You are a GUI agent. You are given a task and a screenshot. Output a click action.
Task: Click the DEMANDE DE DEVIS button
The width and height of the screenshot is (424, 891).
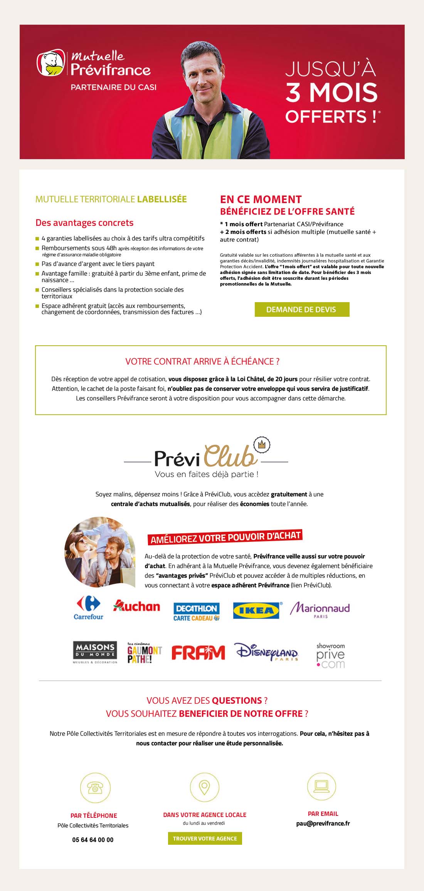[302, 309]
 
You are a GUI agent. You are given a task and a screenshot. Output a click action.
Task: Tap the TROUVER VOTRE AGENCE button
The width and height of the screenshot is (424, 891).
[205, 838]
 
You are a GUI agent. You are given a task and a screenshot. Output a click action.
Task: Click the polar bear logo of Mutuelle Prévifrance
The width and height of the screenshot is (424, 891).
[51, 62]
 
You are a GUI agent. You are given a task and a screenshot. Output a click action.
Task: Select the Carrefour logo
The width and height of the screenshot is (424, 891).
[88, 608]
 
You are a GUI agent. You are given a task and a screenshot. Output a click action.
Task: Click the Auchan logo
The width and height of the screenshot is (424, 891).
[137, 606]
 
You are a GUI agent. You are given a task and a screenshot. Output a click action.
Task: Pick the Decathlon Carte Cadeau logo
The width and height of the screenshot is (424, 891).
[197, 612]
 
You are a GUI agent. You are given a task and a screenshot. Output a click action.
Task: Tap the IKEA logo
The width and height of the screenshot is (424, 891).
[256, 610]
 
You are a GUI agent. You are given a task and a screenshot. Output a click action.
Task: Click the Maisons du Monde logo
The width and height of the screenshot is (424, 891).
[95, 652]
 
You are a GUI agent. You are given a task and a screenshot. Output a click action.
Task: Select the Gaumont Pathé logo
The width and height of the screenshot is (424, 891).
[145, 653]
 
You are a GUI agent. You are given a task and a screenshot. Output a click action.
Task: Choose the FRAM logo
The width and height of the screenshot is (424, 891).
[198, 653]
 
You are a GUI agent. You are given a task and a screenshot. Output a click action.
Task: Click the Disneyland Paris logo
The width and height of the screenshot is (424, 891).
[267, 652]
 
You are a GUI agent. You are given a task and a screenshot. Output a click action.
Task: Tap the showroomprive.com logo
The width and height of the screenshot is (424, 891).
[330, 655]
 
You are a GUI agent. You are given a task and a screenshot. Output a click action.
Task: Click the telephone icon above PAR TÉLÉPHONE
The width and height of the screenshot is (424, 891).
[95, 787]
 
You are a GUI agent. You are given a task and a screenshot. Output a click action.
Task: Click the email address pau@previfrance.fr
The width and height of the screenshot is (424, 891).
[323, 824]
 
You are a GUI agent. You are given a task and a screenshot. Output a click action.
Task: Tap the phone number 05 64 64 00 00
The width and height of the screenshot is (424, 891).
[93, 840]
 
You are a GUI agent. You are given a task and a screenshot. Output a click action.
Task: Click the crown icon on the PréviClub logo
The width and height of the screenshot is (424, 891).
[262, 445]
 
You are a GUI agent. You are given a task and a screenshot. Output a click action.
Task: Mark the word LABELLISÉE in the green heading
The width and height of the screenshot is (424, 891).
[162, 199]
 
